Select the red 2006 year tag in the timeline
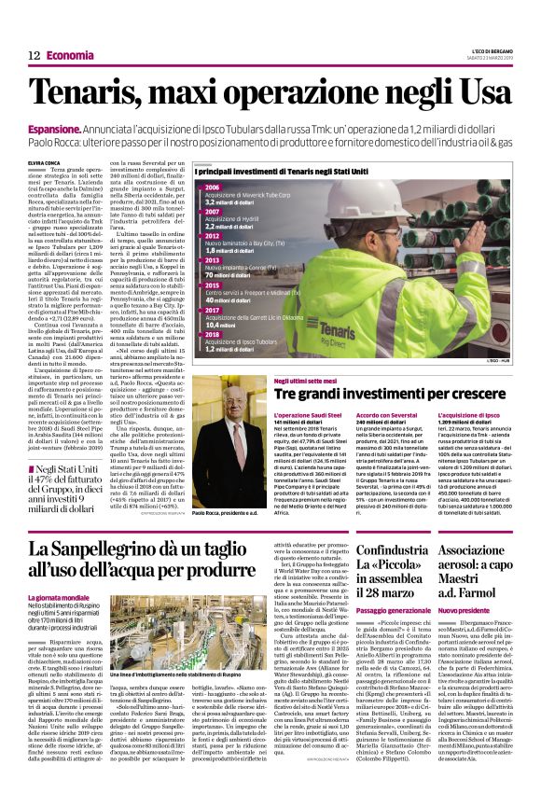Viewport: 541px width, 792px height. (212, 188)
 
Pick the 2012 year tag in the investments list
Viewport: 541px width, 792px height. (212, 237)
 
